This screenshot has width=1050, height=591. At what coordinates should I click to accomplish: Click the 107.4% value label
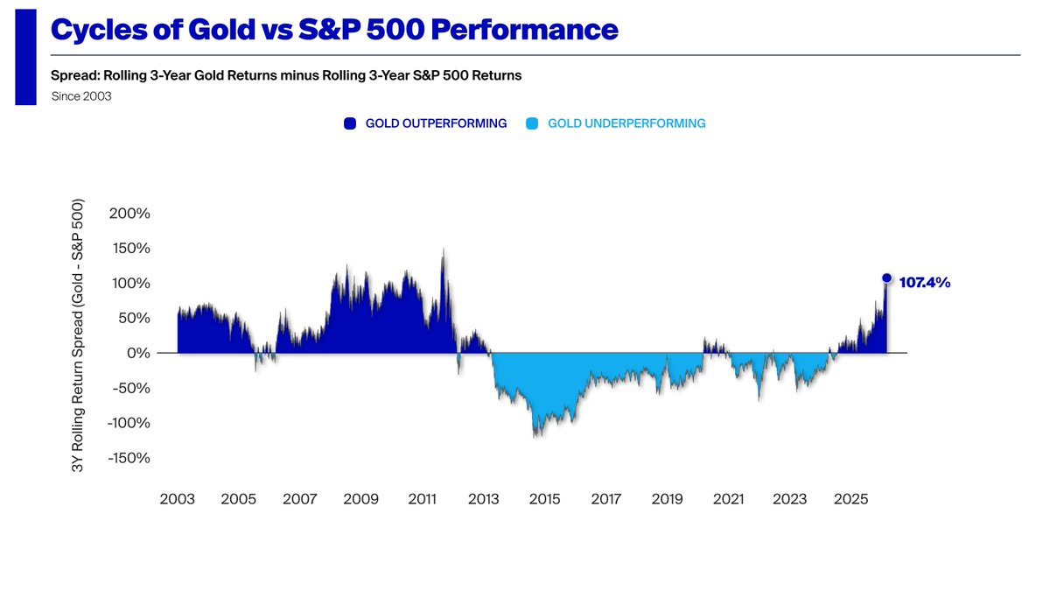[x=924, y=284]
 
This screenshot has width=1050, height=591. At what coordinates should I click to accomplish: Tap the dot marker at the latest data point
[x=886, y=278]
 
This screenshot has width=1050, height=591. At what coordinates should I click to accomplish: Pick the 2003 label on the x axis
[x=178, y=499]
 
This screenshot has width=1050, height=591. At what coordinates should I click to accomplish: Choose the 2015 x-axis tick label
[x=545, y=499]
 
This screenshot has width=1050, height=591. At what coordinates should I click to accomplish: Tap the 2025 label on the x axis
[x=851, y=499]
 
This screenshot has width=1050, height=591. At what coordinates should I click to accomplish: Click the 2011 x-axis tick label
[x=423, y=499]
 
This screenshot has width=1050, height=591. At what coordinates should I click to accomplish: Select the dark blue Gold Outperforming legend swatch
[x=350, y=123]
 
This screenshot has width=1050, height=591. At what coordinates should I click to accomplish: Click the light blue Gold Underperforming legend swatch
[x=532, y=123]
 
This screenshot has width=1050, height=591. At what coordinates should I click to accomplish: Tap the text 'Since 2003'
[x=81, y=96]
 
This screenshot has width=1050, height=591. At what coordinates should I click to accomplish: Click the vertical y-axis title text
[x=78, y=336]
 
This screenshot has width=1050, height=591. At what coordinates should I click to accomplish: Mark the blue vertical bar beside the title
[x=25, y=58]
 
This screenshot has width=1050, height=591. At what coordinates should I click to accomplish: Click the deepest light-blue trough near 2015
[x=535, y=436]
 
